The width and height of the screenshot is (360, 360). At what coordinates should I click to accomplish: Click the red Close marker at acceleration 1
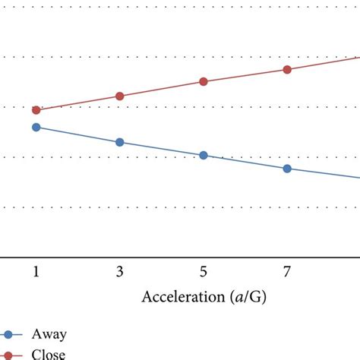point(36,110)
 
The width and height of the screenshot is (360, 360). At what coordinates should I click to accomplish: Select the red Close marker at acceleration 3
point(119,96)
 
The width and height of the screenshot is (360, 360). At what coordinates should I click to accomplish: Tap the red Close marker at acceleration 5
point(203,81)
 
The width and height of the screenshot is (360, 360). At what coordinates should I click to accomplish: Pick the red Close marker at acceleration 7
point(287,69)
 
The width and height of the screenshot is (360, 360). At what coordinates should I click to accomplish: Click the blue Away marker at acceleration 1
point(36,127)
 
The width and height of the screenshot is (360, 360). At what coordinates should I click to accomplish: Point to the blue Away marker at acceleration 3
point(119,142)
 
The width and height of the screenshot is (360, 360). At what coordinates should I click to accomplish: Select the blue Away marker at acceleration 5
point(203,155)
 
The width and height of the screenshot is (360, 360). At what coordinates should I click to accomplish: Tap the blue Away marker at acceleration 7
point(287,169)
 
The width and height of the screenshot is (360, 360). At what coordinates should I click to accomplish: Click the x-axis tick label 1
point(36,272)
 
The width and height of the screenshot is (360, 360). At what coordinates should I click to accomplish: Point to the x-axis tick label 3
point(119,272)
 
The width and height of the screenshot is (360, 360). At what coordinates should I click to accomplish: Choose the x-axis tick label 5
point(203,272)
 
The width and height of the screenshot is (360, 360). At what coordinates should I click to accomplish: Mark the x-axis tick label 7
point(287,272)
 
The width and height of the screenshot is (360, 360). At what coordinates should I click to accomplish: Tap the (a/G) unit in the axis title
point(248,297)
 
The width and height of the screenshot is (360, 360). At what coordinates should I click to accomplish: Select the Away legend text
point(49,334)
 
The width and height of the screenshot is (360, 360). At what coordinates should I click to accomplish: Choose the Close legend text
point(49,354)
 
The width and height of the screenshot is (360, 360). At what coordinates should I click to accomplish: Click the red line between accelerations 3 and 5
point(161,88)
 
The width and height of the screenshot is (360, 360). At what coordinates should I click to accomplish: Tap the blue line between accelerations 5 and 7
point(245,162)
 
